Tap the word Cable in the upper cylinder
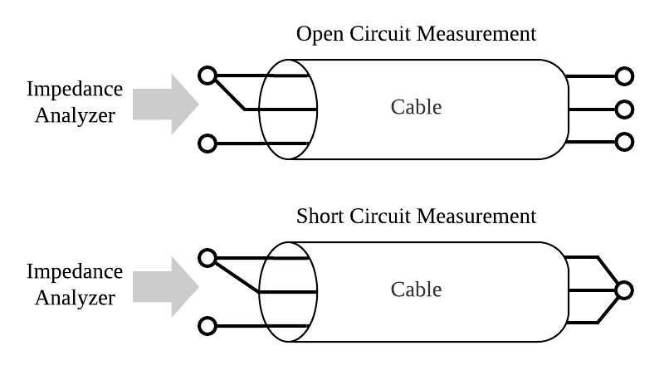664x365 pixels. click(416, 107)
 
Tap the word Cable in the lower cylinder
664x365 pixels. click(416, 290)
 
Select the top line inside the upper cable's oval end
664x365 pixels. click(287, 76)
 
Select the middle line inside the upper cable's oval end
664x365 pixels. click(288, 109)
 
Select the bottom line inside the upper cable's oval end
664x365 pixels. click(287, 144)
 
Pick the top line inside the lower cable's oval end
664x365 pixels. click(287, 259)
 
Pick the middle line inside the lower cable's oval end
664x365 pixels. click(288, 292)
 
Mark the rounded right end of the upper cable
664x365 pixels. click(558, 109)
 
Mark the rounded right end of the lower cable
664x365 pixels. click(558, 291)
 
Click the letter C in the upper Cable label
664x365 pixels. click(397, 107)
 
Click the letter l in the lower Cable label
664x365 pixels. click(427, 290)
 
